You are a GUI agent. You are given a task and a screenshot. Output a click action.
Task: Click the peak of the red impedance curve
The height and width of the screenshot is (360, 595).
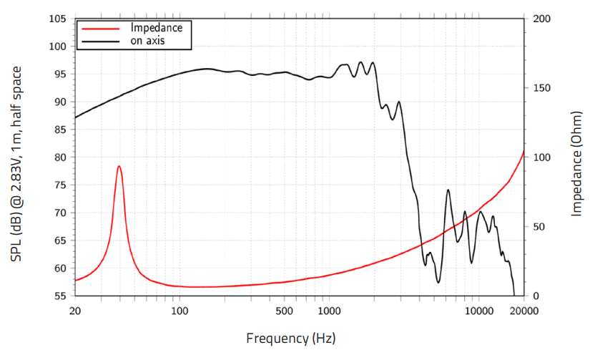(119, 166)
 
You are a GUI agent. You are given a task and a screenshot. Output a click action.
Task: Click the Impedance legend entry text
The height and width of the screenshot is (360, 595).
(156, 28)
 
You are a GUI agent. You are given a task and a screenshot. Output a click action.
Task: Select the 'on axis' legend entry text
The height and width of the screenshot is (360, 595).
(147, 41)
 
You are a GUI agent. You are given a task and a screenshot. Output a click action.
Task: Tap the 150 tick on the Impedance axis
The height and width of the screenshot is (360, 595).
(541, 88)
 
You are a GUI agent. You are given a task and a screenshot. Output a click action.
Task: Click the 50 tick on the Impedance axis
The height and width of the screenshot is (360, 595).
(539, 227)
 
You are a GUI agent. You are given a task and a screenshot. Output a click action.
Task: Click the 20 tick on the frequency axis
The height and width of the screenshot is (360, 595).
(74, 311)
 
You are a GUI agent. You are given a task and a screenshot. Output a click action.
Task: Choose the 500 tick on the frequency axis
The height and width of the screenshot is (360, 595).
(285, 311)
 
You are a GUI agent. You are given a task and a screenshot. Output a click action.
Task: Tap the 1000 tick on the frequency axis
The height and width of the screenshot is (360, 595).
(329, 311)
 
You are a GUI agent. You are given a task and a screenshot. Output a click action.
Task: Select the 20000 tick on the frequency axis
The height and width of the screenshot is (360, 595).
(524, 311)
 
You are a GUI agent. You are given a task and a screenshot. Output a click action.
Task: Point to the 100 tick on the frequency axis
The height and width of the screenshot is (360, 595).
(180, 311)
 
